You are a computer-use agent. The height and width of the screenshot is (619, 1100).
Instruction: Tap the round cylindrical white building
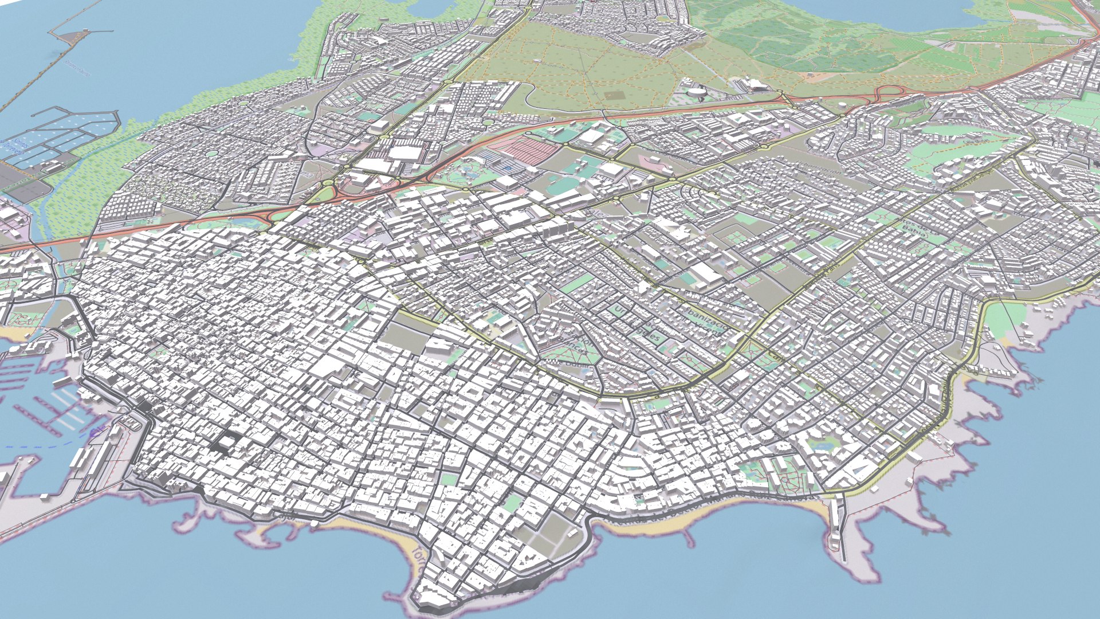coord(697,93)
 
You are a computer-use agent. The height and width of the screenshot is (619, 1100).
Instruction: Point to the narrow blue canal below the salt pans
coord(40,229)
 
